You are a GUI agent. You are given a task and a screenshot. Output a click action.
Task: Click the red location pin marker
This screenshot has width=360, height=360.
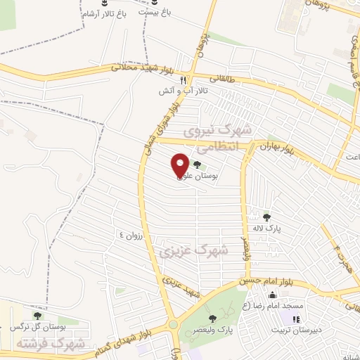pos(180,165)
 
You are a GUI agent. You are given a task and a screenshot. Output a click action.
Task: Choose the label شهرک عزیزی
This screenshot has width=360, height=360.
pos(194,249)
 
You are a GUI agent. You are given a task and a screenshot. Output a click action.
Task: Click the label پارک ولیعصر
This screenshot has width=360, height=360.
pos(234,329)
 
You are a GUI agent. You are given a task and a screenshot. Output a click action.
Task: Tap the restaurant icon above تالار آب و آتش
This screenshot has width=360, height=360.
pos(184,80)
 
